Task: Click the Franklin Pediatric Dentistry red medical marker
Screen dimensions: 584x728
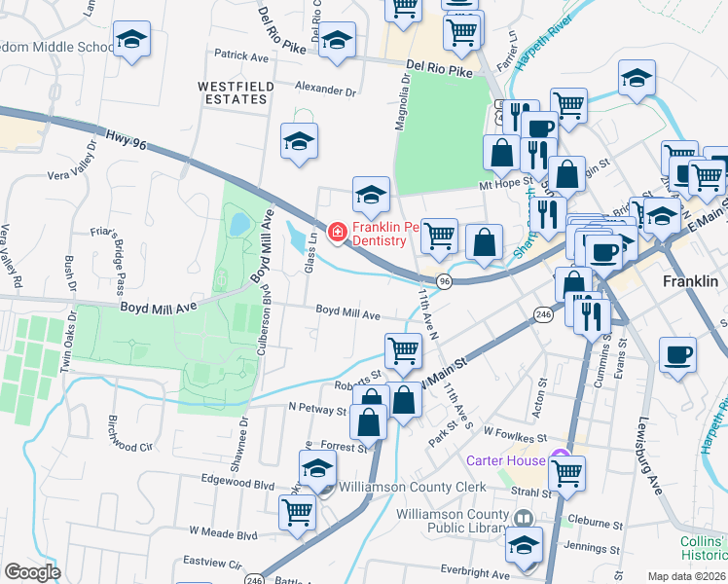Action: coord(338,232)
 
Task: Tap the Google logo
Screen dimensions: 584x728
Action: coord(32,571)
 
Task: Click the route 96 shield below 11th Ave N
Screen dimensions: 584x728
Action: coord(444,281)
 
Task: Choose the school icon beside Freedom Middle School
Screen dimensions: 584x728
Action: coord(130,40)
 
